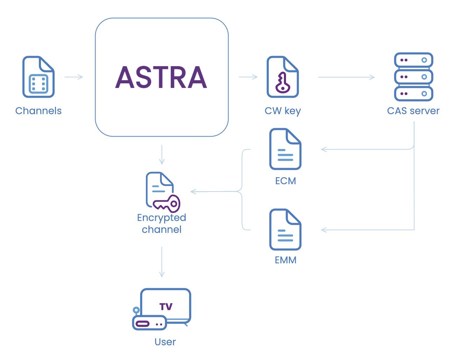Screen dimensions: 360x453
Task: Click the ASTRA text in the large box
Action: point(161,77)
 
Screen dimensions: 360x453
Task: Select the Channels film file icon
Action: point(38,77)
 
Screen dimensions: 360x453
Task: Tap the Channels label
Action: point(39,111)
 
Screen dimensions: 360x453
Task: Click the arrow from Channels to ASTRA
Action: point(74,77)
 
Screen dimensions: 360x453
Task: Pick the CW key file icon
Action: point(283,77)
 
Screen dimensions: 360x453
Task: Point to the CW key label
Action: point(283,111)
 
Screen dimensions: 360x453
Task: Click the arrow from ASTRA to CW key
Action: point(248,77)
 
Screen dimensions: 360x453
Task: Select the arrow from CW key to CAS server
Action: point(346,77)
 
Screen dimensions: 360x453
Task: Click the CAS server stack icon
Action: point(413,77)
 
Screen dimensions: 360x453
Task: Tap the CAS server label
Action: point(413,111)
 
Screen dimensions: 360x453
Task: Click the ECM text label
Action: point(285,181)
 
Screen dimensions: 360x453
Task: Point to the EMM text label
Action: point(285,260)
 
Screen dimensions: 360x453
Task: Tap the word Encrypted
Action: point(161,217)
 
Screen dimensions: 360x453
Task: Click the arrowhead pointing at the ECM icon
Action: point(323,150)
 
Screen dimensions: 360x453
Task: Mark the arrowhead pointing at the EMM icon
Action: point(323,230)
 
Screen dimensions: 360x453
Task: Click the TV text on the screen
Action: point(166,307)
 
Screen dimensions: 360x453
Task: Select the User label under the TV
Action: point(165,342)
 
